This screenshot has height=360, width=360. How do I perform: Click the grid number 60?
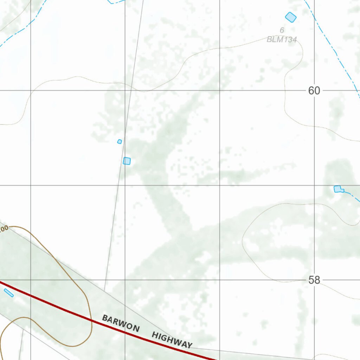(314, 91)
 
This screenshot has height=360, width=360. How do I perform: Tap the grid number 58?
(314, 280)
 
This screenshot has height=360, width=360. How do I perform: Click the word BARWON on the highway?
(121, 323)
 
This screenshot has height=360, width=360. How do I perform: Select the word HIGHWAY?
(172, 340)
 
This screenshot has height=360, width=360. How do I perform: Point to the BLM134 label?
(282, 39)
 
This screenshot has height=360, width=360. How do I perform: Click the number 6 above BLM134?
(282, 31)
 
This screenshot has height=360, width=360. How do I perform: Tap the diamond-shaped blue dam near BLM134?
(291, 17)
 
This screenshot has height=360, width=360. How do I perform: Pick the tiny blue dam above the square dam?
(120, 141)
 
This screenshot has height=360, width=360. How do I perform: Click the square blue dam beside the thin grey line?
(127, 161)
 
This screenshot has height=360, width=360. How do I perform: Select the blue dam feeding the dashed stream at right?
(338, 189)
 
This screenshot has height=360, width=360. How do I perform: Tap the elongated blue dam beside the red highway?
(9, 292)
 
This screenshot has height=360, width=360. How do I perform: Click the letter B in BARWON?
(105, 318)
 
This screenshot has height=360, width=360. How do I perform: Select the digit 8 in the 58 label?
(317, 280)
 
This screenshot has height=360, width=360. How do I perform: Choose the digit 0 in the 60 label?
(317, 91)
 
